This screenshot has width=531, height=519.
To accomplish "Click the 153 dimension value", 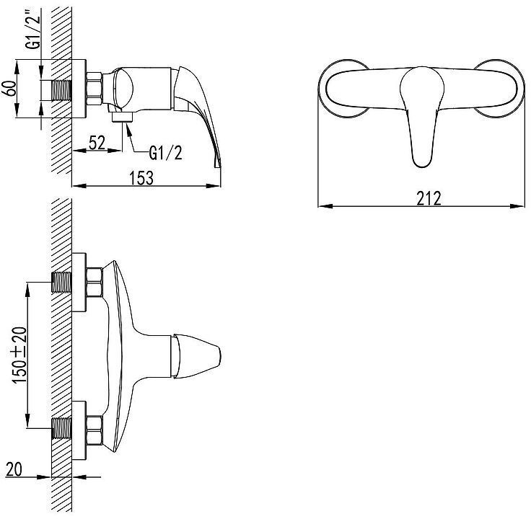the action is (141, 178).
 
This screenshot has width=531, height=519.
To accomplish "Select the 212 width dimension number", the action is (429, 199).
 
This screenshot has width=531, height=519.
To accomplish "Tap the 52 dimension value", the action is (97, 143).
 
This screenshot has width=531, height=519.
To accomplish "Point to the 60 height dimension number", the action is (10, 89).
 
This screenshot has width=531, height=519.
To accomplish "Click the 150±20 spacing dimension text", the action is (19, 355).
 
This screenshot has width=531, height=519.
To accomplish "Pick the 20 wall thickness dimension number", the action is (14, 469).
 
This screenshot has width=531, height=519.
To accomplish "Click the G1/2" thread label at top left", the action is (34, 29).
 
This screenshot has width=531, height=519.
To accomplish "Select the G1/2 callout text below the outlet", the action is (166, 154).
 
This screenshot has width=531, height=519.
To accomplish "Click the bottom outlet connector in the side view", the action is (122, 117).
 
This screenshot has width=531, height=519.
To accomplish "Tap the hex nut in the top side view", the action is (94, 89).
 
